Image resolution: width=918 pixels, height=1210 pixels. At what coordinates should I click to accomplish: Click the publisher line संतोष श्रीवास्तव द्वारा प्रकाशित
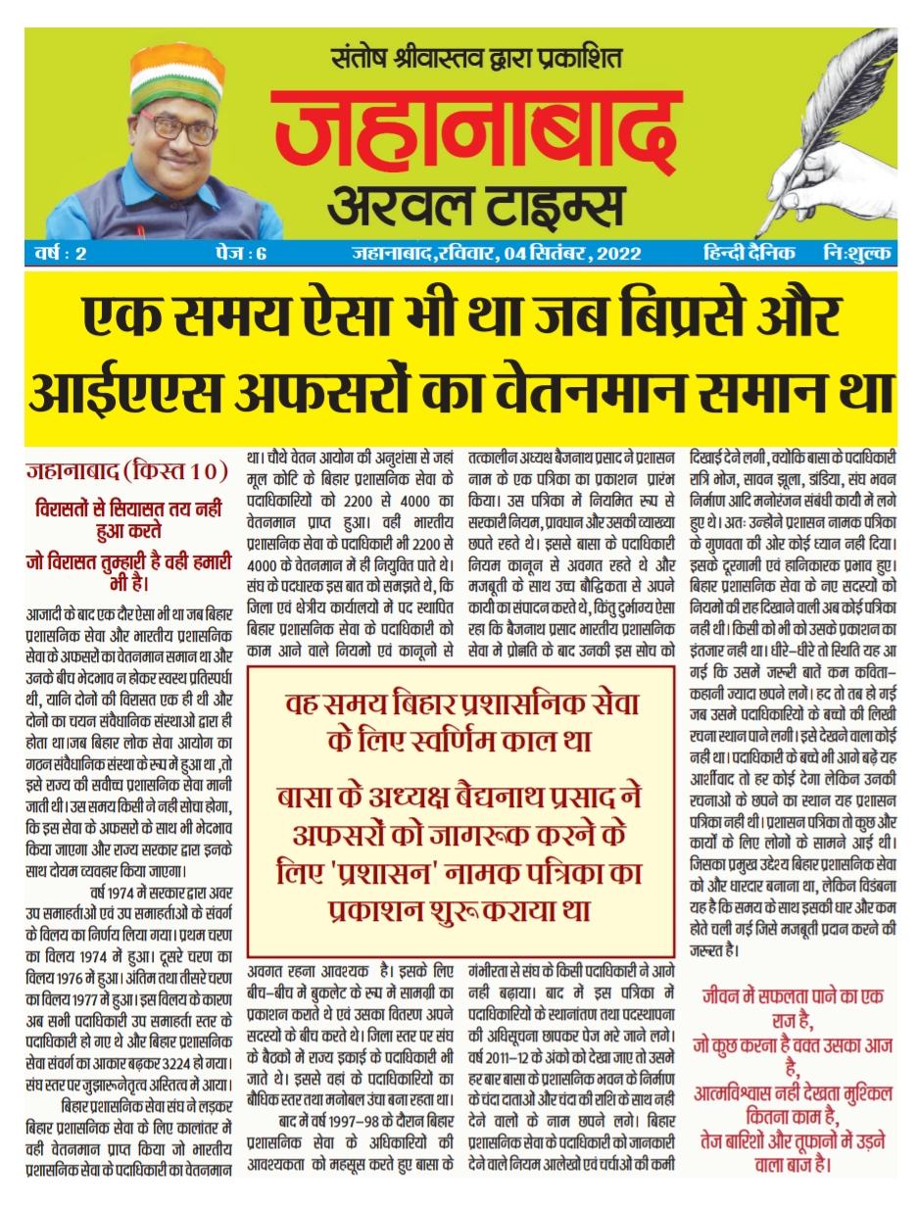476,60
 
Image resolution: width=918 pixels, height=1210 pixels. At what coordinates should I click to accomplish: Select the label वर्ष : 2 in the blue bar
59,254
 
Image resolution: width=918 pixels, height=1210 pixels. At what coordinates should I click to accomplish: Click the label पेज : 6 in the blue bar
240,254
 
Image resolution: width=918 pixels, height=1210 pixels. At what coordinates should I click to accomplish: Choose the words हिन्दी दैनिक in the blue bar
749,254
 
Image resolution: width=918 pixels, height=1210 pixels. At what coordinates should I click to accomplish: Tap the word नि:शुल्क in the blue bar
857,254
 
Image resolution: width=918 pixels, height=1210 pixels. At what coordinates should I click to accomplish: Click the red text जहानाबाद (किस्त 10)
126,471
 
